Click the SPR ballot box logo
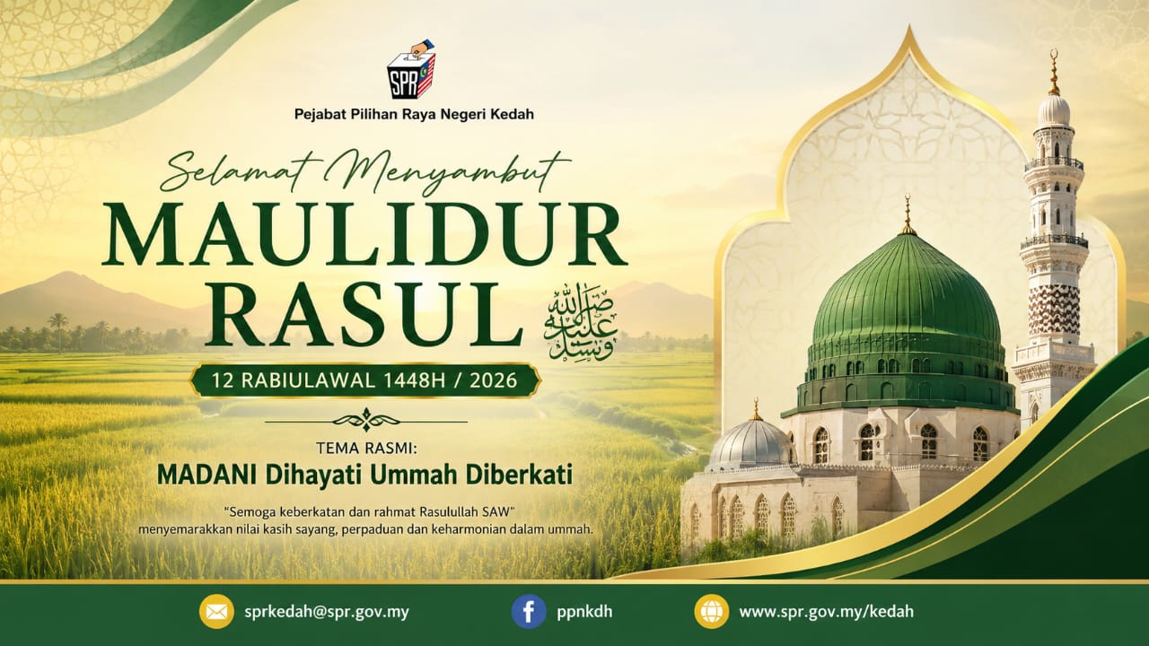click(411, 70)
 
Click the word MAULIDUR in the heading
click(364, 234)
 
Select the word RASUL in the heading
click(364, 313)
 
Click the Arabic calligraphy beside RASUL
click(580, 321)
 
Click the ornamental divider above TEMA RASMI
click(365, 421)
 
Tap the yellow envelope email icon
click(216, 612)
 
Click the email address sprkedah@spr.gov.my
click(327, 612)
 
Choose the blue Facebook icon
click(529, 612)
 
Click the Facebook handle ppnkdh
click(584, 612)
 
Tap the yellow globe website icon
click(712, 612)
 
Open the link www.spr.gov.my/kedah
click(827, 612)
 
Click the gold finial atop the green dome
click(908, 215)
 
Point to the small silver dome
click(752, 442)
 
